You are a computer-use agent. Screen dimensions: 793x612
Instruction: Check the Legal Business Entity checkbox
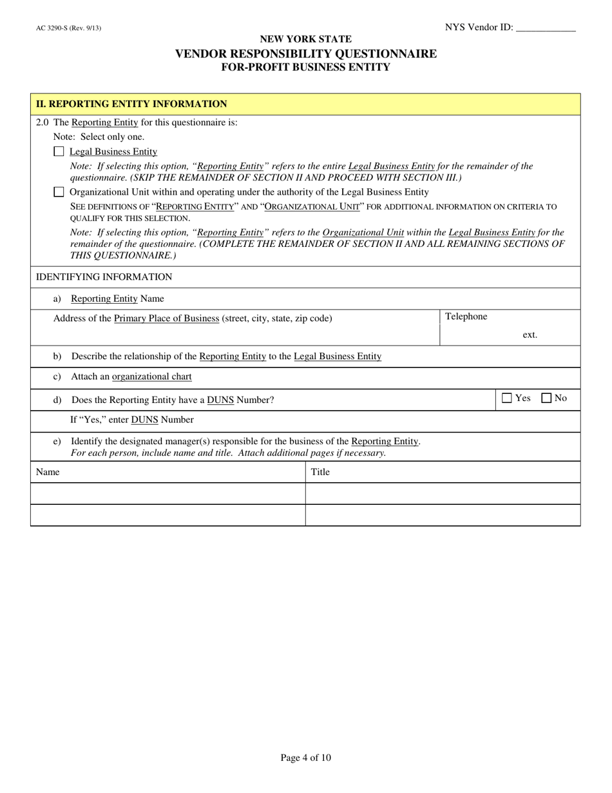[59, 152]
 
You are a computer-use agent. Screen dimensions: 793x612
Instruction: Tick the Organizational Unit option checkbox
[59, 192]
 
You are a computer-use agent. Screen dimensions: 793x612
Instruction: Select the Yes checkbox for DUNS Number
[506, 398]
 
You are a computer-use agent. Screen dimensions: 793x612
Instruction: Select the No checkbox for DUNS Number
[546, 398]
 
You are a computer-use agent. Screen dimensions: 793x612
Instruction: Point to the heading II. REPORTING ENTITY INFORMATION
[131, 104]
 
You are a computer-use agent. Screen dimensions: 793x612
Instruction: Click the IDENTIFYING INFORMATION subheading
[104, 277]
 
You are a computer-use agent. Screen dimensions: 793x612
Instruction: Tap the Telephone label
[466, 317]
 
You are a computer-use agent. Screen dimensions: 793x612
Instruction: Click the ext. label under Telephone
[530, 335]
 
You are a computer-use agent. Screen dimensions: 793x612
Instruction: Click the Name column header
[48, 472]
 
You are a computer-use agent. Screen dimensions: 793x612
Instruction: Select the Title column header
[320, 472]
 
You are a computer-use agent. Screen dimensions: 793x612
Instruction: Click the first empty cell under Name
[167, 494]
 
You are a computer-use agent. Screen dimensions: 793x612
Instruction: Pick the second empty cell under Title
[443, 515]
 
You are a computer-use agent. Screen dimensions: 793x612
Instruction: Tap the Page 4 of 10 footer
[306, 758]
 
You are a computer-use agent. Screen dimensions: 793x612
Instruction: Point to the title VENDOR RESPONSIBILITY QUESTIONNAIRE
[306, 54]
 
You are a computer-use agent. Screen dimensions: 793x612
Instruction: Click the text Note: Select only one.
[99, 137]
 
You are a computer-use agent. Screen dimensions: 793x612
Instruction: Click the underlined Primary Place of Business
[166, 318]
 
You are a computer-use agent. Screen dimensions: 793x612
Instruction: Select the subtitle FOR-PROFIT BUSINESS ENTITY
[306, 67]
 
